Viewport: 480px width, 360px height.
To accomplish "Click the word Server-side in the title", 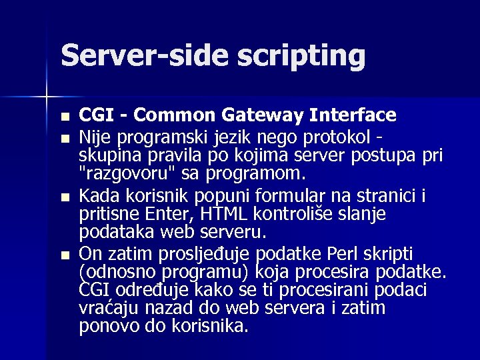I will point(143,56).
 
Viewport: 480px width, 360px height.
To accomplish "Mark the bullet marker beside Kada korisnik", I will point(64,199).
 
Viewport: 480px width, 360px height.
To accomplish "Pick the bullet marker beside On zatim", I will point(64,255).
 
